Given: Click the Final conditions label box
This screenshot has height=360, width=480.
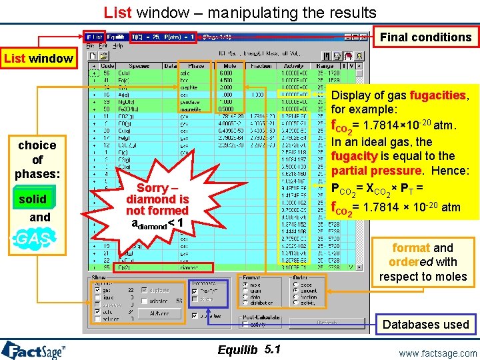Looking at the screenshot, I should pos(425,37).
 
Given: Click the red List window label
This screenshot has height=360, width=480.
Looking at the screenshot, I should pos(38,59).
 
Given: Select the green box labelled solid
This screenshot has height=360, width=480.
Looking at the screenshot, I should pos(33,199).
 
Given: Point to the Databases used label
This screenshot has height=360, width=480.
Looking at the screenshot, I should pos(425,325).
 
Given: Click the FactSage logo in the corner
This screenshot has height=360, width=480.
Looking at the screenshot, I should pos(33,350).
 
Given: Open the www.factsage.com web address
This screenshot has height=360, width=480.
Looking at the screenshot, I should pos(437,353).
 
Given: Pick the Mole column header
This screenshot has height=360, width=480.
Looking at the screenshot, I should pos(230,67).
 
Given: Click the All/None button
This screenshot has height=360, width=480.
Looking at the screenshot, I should pos(158,313).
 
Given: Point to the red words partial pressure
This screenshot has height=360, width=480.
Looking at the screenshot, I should pos(373,171).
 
